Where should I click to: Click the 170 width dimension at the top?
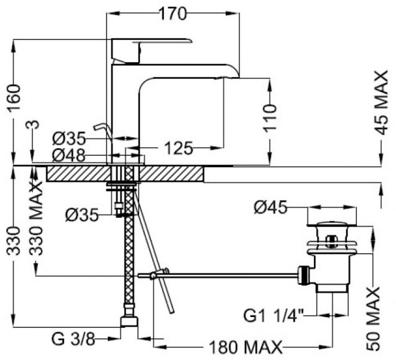coord(173,14)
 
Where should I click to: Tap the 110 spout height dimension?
coord(270,118)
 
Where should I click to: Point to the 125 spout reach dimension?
coord(178,148)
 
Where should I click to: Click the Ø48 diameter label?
coord(69,155)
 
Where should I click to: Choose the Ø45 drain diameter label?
coord(271,208)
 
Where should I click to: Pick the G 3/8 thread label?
coord(73,339)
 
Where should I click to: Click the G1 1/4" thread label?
coord(274,315)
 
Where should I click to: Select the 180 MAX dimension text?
coord(245,347)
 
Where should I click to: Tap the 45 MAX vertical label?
coord(381,102)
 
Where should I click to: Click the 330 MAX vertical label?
coord(36,218)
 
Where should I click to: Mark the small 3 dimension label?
coord(35,125)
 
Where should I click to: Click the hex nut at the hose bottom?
coord(129,321)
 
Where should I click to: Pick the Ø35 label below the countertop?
coord(82,215)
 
